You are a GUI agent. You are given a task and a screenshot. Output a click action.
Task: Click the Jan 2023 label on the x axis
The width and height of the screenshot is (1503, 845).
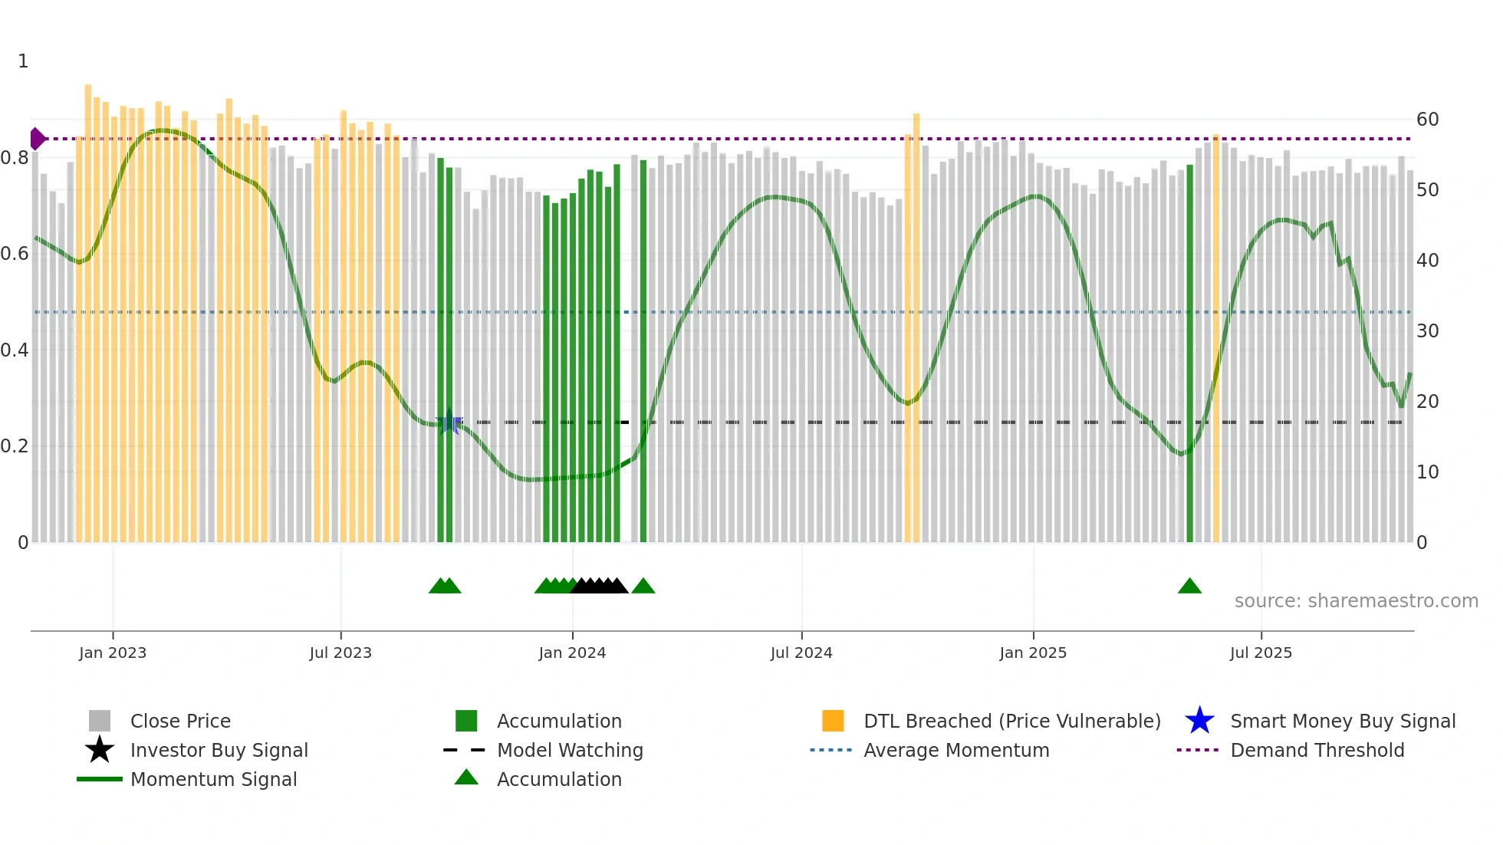pyautogui.click(x=113, y=653)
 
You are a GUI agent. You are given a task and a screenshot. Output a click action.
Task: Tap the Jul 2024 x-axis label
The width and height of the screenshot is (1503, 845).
pyautogui.click(x=801, y=653)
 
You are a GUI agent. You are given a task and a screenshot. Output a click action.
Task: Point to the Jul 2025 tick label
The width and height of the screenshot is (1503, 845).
pyautogui.click(x=1261, y=653)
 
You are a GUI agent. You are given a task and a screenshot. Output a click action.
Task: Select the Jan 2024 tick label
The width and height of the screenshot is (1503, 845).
pyautogui.click(x=572, y=653)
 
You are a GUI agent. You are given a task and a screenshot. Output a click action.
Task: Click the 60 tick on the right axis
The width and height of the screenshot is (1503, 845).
pyautogui.click(x=1427, y=120)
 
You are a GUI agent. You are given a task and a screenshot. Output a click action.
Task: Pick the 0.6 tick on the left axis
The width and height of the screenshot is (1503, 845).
pyautogui.click(x=15, y=254)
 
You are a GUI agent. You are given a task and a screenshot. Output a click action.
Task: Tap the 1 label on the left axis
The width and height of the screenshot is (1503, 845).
pyautogui.click(x=23, y=61)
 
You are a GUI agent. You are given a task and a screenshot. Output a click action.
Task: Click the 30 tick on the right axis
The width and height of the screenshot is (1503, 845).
pyautogui.click(x=1427, y=331)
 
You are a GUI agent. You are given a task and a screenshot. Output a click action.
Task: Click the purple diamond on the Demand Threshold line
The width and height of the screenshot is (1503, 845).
pyautogui.click(x=37, y=139)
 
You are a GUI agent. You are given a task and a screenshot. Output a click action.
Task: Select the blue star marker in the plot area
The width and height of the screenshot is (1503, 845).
pyautogui.click(x=449, y=422)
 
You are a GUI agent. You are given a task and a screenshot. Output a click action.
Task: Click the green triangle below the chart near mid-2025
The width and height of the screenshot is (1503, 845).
pyautogui.click(x=1189, y=587)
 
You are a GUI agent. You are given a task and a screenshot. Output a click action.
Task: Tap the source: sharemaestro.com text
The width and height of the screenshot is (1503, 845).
pyautogui.click(x=1356, y=601)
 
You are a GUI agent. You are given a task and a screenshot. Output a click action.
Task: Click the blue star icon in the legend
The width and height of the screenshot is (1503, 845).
pyautogui.click(x=1199, y=721)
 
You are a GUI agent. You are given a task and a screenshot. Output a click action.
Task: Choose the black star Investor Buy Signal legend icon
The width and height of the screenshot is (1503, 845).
pyautogui.click(x=100, y=750)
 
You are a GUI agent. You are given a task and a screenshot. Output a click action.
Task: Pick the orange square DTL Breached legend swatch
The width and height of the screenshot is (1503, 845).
pyautogui.click(x=833, y=721)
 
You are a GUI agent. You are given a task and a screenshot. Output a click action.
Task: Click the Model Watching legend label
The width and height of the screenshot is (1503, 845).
pyautogui.click(x=570, y=750)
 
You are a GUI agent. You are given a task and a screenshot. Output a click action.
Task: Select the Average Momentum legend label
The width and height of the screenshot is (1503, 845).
pyautogui.click(x=956, y=750)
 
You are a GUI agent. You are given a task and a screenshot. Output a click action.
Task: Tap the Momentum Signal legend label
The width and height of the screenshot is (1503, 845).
pyautogui.click(x=213, y=779)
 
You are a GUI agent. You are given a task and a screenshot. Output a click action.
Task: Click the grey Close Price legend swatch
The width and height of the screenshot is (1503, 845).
pyautogui.click(x=100, y=721)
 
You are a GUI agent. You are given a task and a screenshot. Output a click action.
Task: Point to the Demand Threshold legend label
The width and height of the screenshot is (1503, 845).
pyautogui.click(x=1317, y=750)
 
